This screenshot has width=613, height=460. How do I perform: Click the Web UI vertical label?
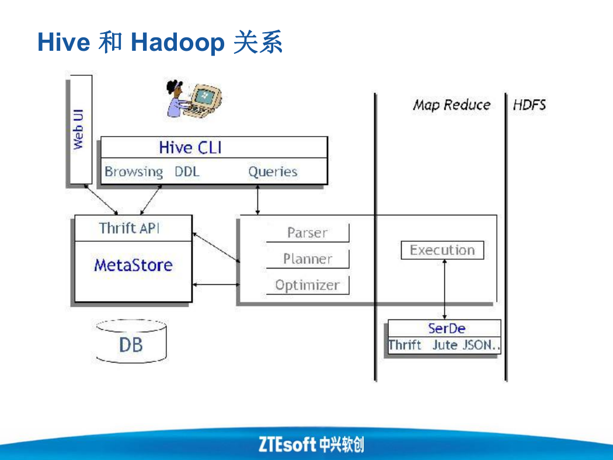(78, 129)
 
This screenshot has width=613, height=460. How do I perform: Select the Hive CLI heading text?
(190, 148)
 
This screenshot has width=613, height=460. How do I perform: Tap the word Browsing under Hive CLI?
(134, 172)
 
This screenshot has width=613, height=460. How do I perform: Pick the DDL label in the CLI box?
(187, 172)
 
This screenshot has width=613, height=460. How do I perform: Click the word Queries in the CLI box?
(273, 172)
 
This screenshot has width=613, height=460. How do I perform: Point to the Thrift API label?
(129, 228)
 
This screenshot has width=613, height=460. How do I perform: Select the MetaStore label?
(133, 266)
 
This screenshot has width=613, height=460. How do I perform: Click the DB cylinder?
(131, 341)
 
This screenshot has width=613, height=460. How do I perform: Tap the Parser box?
(307, 233)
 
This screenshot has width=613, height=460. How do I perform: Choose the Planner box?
(307, 259)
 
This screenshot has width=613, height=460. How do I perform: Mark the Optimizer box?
(307, 285)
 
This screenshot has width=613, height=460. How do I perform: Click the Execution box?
(442, 250)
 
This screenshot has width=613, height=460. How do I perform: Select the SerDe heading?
(447, 328)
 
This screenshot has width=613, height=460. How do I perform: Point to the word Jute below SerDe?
(445, 345)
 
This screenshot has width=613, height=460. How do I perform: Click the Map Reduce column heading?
(451, 104)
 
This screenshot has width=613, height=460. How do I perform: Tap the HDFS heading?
(530, 104)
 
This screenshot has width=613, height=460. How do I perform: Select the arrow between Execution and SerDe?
(444, 290)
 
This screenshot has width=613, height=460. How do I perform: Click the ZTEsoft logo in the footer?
(311, 444)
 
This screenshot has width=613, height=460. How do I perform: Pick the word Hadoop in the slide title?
(177, 42)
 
